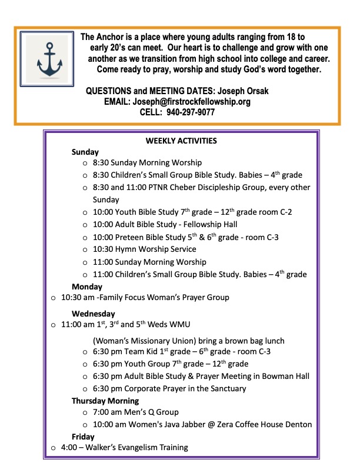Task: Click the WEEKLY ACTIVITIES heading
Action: point(181,141)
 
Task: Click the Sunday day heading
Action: point(86,152)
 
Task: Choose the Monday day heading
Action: point(87,287)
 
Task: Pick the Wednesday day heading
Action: point(94,314)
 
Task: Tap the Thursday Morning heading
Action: point(105,401)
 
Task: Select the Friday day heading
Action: point(83,437)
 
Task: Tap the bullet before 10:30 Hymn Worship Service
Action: point(86,250)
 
